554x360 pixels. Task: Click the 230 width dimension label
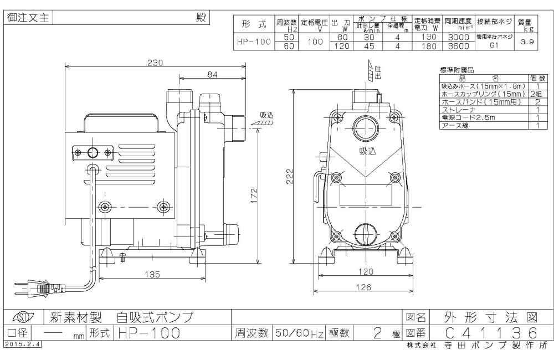(155, 63)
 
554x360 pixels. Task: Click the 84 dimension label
(212, 74)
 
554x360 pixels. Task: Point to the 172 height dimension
(253, 196)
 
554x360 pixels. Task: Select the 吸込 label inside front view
(367, 151)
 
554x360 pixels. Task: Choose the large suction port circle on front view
(365, 127)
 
